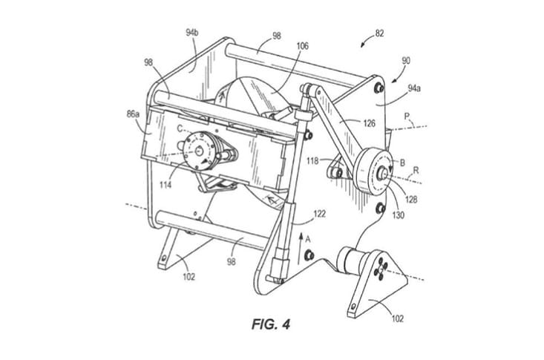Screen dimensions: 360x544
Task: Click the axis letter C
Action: point(180,128)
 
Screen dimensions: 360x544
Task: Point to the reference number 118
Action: point(313,160)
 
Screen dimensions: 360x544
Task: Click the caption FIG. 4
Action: point(274,324)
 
